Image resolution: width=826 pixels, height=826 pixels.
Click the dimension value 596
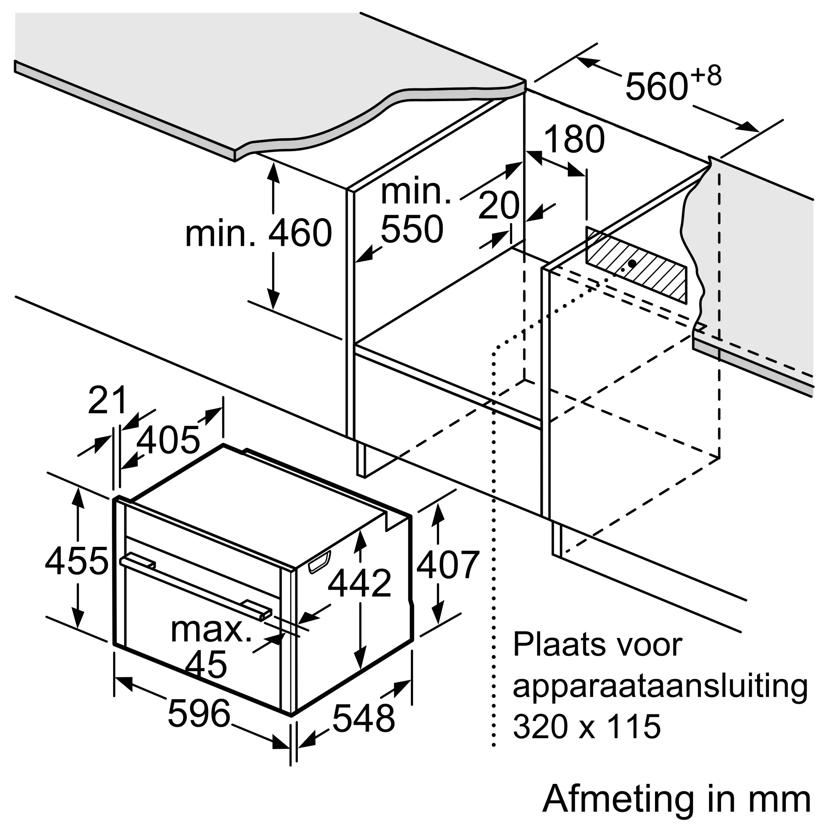click(199, 713)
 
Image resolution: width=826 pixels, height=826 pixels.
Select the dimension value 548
click(363, 718)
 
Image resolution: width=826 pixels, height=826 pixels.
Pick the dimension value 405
click(169, 440)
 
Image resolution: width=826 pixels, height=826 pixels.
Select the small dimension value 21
click(107, 400)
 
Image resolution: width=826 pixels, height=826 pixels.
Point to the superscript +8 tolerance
click(706, 76)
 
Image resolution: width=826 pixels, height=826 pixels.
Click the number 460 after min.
click(300, 233)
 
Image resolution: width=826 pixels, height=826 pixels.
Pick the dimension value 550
click(412, 229)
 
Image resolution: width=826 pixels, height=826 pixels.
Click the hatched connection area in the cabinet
click(636, 264)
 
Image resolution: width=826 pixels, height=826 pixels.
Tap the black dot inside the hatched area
click(631, 264)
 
